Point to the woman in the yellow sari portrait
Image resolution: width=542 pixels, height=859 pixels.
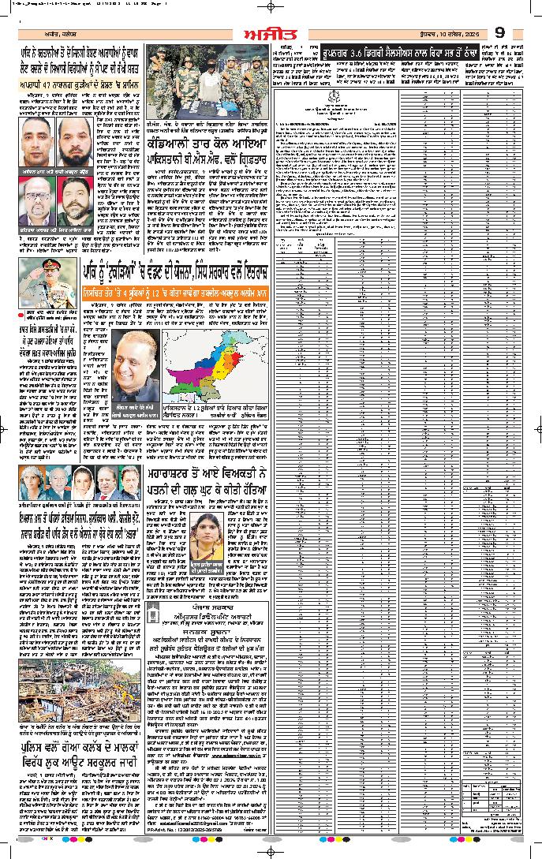click(x=214, y=540)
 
